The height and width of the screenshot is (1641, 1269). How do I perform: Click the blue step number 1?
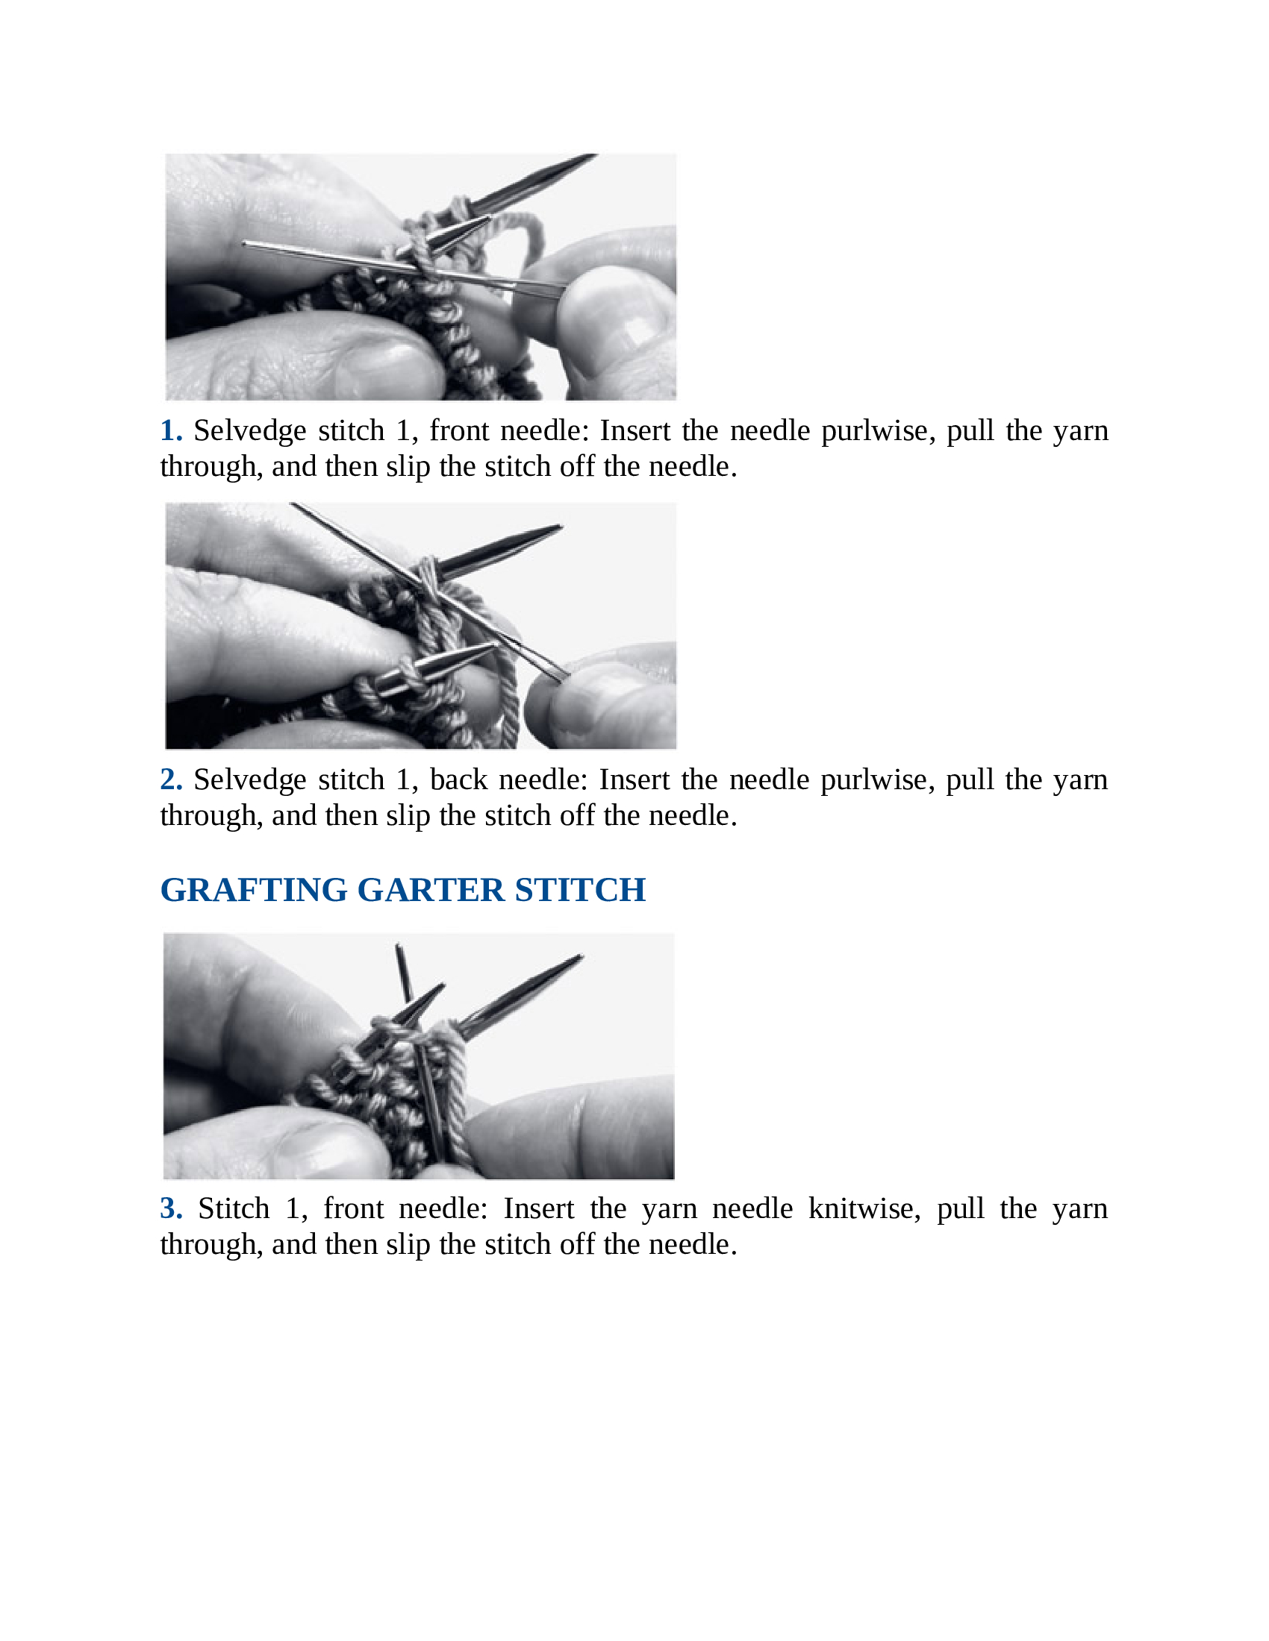coord(171,430)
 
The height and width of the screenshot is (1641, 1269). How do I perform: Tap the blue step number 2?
coord(171,779)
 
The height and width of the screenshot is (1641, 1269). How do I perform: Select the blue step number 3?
coord(171,1208)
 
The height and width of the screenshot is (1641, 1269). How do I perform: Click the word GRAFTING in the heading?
coord(253,890)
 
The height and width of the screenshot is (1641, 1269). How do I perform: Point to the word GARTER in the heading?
coord(431,890)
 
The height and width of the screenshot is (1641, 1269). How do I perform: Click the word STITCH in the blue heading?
coord(580,890)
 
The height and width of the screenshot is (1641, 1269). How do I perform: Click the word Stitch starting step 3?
coord(234,1208)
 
